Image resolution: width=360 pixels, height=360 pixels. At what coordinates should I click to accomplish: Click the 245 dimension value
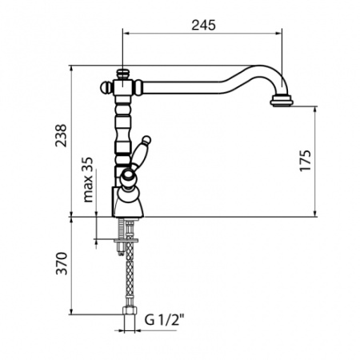(203, 25)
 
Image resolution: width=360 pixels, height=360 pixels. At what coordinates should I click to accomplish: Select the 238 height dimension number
(61, 135)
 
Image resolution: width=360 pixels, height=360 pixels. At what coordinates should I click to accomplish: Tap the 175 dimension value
(306, 161)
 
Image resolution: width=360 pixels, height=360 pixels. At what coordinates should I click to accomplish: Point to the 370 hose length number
(61, 263)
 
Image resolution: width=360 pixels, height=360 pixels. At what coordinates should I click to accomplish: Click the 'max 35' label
(88, 179)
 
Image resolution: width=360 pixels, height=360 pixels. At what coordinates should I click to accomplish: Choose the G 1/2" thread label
(164, 320)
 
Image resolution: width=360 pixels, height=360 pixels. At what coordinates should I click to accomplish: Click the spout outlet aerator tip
(282, 101)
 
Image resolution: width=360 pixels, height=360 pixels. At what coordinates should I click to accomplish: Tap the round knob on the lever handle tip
(146, 140)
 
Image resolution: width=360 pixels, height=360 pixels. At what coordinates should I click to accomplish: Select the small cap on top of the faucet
(122, 74)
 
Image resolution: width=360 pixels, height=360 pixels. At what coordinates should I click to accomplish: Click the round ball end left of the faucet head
(105, 87)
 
